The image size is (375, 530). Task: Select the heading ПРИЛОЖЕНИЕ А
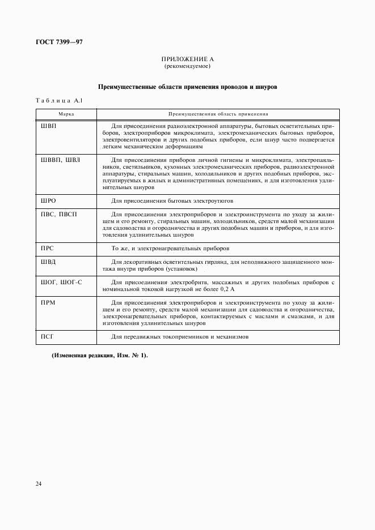tap(187, 59)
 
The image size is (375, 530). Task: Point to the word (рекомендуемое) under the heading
tap(187, 66)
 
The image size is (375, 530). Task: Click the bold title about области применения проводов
tap(187, 87)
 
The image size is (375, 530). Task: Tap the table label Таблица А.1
tap(59, 101)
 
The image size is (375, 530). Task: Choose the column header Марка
tap(66, 114)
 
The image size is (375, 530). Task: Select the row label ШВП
tap(49, 126)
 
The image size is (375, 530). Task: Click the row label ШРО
tap(49, 201)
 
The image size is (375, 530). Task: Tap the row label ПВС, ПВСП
tap(58, 215)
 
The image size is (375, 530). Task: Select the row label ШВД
tap(49, 262)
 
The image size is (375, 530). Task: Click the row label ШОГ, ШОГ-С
tap(61, 282)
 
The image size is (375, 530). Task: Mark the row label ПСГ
tap(47, 337)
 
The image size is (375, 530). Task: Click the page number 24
tap(39, 484)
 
